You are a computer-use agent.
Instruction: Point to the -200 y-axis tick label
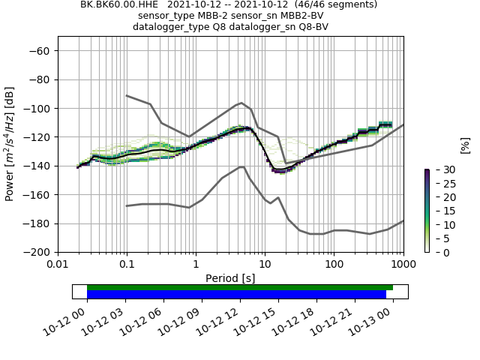[x=37, y=252]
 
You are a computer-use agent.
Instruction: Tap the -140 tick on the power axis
[x=37, y=166]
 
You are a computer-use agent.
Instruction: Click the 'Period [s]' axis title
[x=230, y=278]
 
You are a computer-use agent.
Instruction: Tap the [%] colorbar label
[x=465, y=144]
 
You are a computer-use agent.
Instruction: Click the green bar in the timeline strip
[x=240, y=287]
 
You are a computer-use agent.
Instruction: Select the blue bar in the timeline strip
[x=236, y=294]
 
